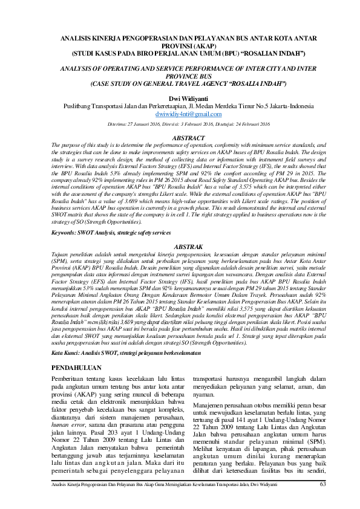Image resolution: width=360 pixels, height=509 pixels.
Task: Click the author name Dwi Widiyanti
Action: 180,99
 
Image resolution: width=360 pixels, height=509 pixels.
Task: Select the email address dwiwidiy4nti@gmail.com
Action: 180,114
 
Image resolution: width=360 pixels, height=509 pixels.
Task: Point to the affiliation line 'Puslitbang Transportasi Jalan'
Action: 180,106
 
